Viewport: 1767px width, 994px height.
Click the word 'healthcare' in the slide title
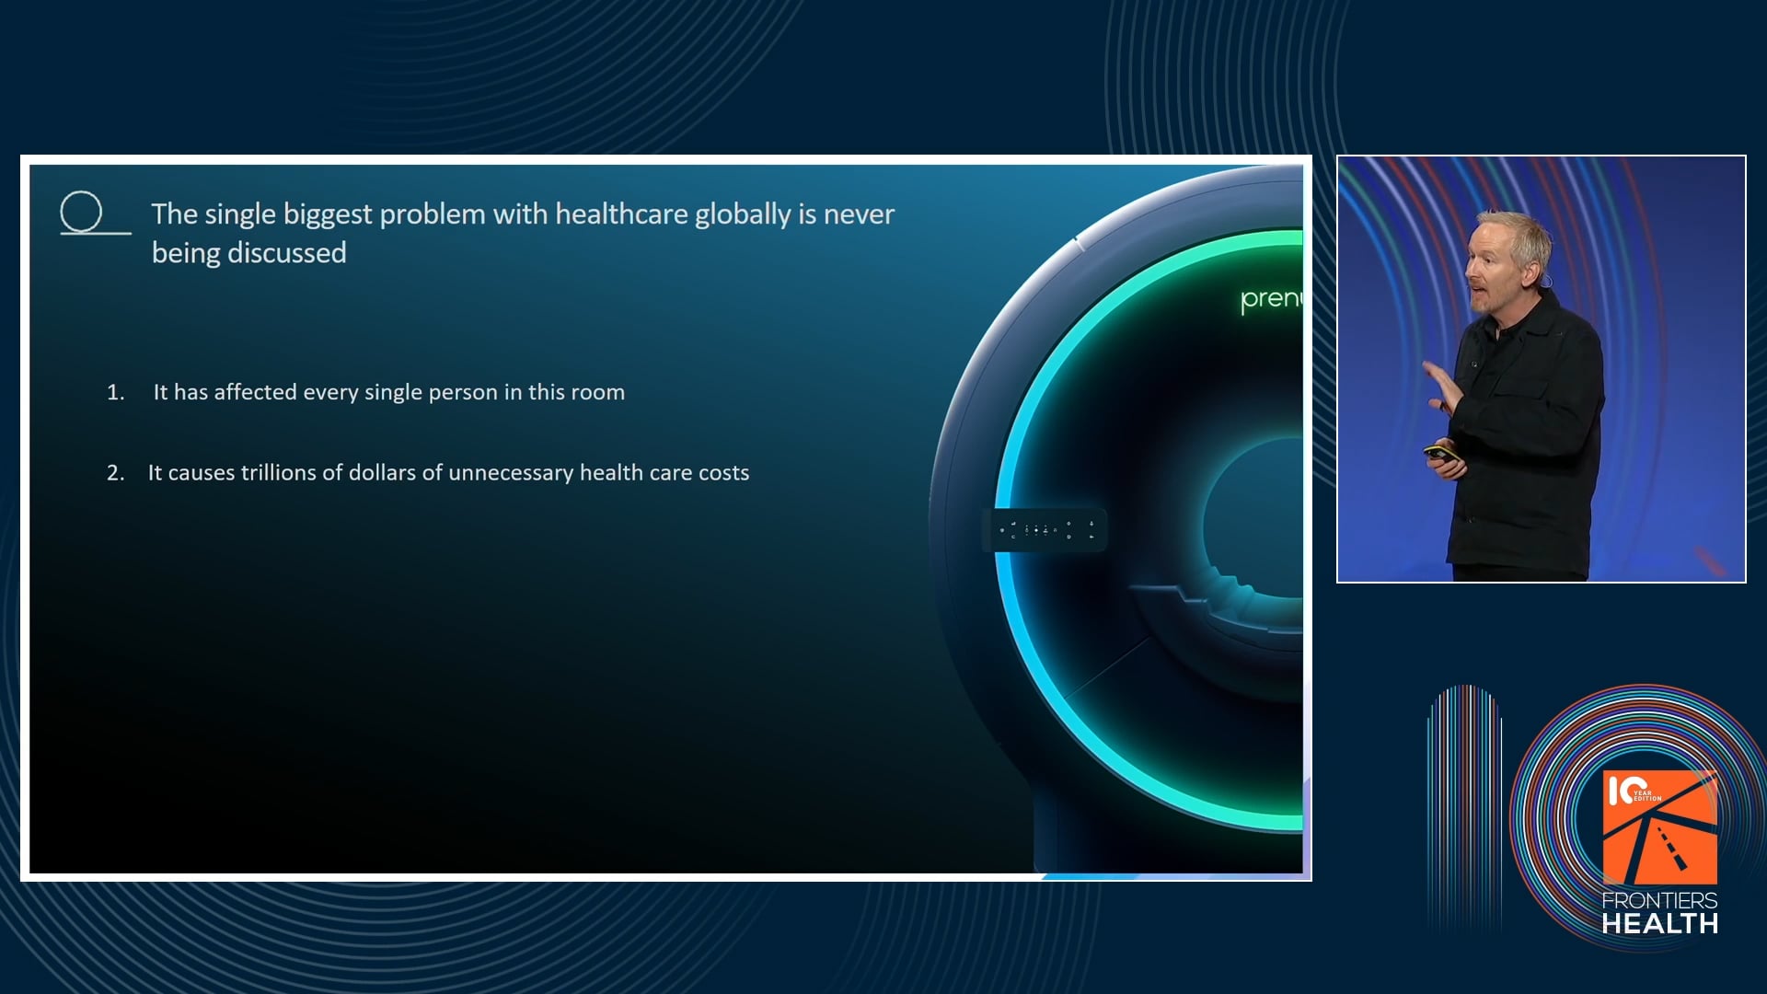click(621, 214)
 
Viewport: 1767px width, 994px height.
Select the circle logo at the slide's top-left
click(82, 212)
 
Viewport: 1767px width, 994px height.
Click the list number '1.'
click(116, 392)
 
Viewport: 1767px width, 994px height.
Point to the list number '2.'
click(116, 473)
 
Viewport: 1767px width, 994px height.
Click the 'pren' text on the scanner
click(1271, 299)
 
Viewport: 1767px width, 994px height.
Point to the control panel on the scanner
click(1045, 529)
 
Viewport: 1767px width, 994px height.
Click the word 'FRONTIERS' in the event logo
click(1659, 900)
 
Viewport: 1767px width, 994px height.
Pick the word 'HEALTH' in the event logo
click(1659, 923)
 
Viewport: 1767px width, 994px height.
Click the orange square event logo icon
click(1659, 827)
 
